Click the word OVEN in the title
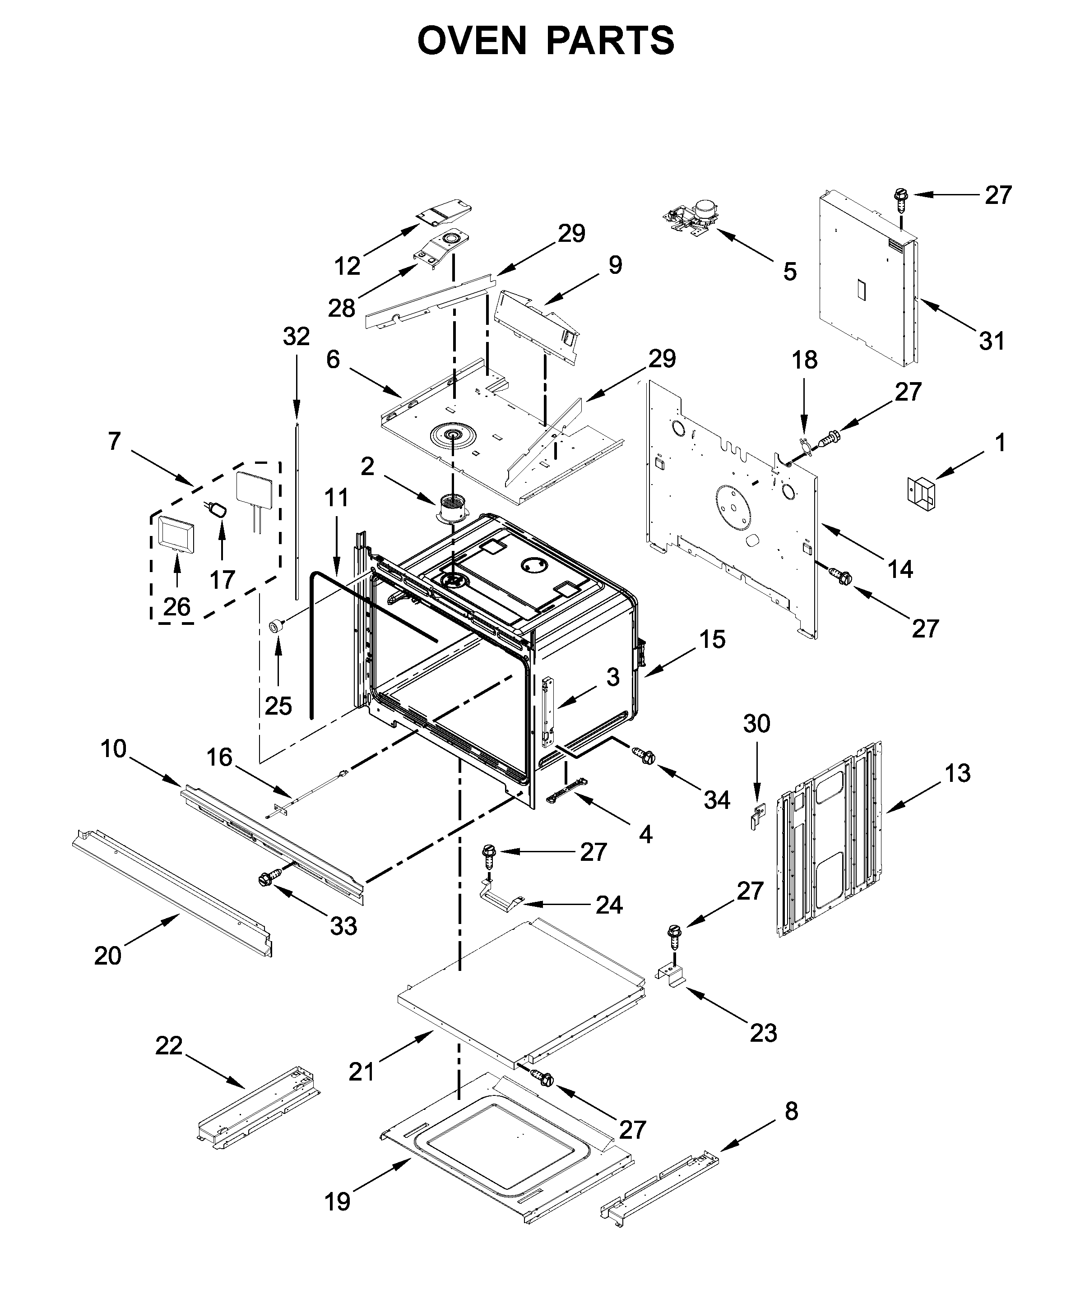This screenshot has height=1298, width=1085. (x=473, y=42)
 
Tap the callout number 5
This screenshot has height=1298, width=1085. (x=789, y=271)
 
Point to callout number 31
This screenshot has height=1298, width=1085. (x=991, y=341)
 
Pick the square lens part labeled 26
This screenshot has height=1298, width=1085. (x=176, y=533)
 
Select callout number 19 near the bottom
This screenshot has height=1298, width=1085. (x=338, y=1201)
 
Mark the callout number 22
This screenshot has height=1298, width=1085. (x=169, y=1045)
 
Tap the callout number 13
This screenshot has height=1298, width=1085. (x=957, y=772)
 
